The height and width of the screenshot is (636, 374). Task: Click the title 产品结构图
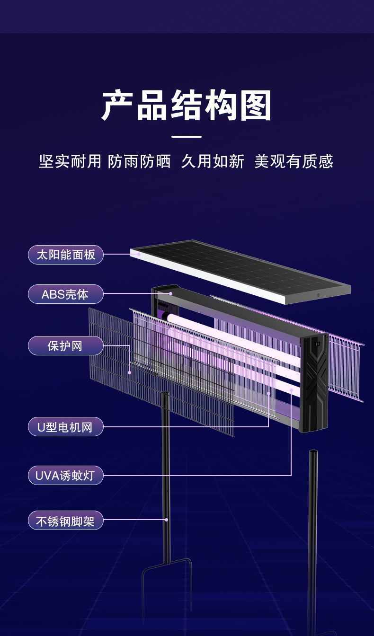(187, 106)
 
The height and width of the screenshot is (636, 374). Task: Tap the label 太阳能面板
(66, 255)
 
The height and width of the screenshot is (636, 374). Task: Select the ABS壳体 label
(66, 294)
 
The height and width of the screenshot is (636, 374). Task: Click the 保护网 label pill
(66, 346)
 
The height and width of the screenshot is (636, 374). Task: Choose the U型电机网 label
(66, 427)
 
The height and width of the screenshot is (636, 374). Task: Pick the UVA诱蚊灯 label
(66, 475)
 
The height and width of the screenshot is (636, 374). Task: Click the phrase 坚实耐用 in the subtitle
(70, 162)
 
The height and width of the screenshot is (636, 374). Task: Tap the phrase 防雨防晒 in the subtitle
(139, 162)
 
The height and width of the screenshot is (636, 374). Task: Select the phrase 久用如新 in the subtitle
(213, 162)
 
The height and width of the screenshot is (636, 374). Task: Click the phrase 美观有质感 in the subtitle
(294, 162)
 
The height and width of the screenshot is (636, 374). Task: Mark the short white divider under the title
(187, 137)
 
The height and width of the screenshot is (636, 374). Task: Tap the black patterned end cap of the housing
(315, 383)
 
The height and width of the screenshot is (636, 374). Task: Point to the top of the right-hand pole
(313, 453)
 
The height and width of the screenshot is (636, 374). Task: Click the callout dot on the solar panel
(139, 254)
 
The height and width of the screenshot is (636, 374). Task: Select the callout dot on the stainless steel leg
(166, 520)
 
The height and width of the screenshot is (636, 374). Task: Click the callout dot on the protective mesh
(129, 372)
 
